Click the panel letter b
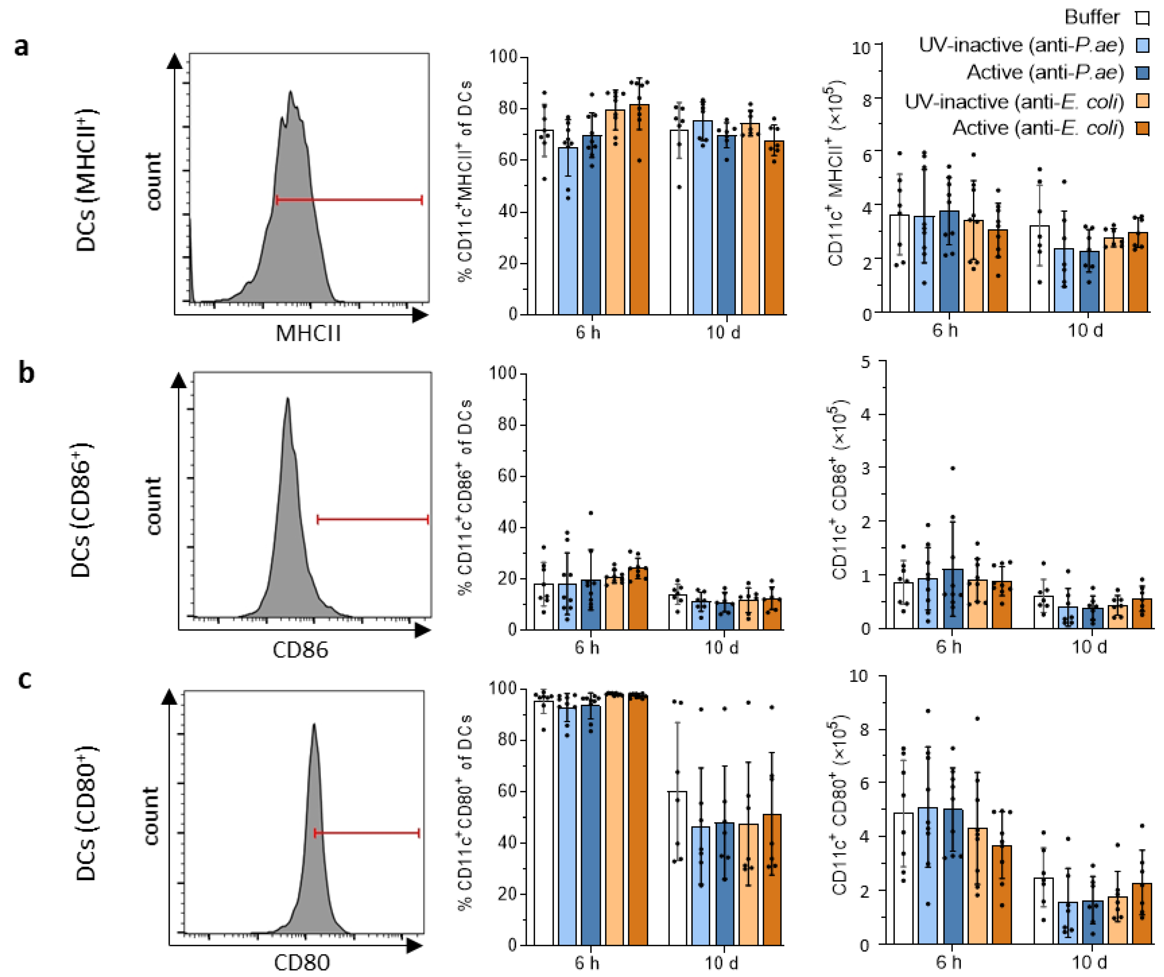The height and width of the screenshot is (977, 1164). (26, 373)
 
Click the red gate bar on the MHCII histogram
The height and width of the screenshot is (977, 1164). (349, 200)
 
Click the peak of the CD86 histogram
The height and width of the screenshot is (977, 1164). (287, 399)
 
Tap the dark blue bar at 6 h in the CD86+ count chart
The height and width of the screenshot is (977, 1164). (953, 599)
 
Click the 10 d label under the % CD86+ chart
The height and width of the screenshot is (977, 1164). (722, 647)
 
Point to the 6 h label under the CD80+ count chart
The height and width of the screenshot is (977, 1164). (948, 962)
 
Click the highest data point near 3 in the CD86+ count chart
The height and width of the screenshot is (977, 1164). (953, 468)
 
